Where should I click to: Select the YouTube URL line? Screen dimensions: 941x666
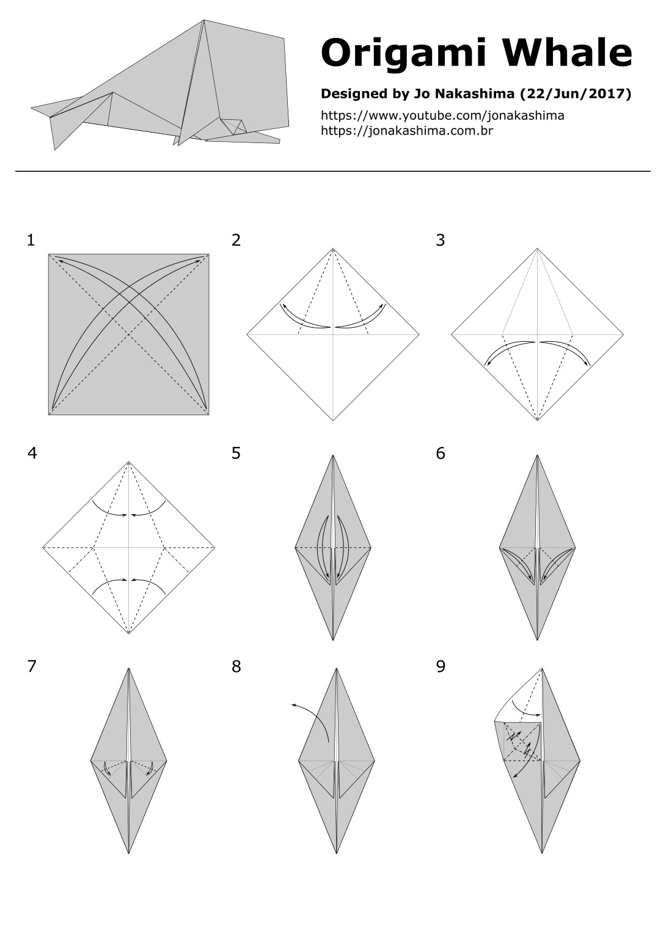(x=442, y=116)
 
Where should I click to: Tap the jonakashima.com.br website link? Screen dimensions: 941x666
(x=407, y=130)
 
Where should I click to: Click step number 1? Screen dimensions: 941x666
(x=31, y=240)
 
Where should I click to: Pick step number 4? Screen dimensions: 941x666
(x=32, y=453)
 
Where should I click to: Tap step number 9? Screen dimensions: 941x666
(x=441, y=666)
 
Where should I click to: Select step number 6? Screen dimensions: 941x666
(x=441, y=453)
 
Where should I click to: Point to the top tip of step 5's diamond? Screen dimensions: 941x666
(x=333, y=456)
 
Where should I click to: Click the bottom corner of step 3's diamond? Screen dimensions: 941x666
(x=538, y=420)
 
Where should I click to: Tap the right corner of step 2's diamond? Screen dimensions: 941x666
(x=419, y=334)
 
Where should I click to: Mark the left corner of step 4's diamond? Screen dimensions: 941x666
(x=43, y=547)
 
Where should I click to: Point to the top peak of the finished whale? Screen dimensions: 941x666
(x=203, y=21)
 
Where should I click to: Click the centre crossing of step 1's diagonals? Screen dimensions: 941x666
(x=129, y=334)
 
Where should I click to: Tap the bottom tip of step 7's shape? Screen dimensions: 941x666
(x=129, y=852)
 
